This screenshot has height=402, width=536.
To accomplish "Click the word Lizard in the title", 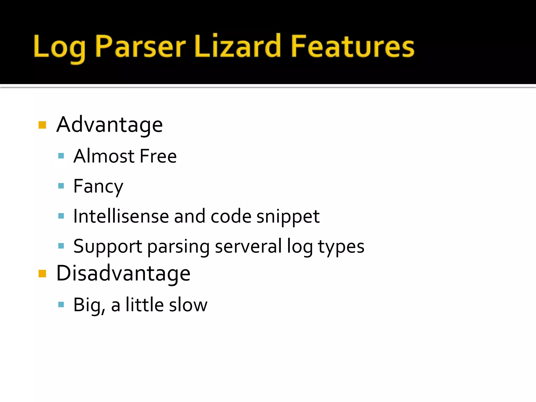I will [238, 47].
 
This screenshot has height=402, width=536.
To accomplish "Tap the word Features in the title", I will [353, 47].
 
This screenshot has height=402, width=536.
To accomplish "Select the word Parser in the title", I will [140, 47].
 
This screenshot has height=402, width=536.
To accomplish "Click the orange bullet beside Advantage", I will [42, 125].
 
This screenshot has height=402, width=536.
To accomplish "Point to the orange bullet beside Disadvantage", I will [42, 273].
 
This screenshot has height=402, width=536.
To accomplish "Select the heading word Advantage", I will [109, 125].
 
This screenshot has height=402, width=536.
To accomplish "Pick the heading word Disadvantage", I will [123, 273].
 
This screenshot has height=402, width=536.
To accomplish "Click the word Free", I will [158, 156].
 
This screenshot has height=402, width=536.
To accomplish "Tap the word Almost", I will [104, 156].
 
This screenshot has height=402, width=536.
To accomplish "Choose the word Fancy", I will [98, 187].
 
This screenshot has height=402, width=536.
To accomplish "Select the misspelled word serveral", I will [248, 246].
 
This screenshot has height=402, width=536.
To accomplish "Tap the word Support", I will [108, 247].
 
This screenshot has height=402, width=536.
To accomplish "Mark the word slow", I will [188, 305].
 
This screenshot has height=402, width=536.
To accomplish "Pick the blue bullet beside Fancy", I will [61, 186].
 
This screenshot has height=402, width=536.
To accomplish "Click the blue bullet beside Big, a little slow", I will [61, 304].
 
